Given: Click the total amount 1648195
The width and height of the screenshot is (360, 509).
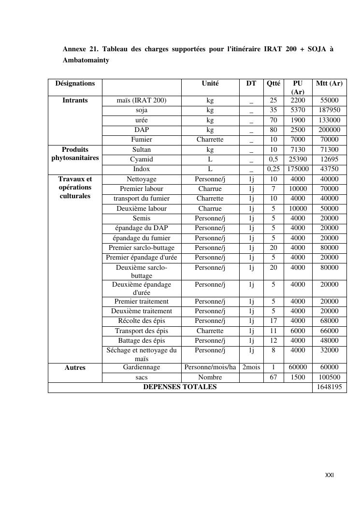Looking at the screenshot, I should click(x=329, y=387).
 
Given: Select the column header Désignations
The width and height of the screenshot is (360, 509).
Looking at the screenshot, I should click(x=75, y=83).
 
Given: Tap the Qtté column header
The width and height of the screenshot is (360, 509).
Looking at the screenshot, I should click(x=274, y=83).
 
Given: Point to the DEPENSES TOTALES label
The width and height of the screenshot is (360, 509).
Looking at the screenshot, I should click(x=180, y=387).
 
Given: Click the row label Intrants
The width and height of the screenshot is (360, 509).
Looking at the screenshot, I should click(x=75, y=101).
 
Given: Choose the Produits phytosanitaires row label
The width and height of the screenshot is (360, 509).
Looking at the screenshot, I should click(x=75, y=154).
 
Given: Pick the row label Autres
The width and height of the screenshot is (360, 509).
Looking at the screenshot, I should click(x=75, y=368).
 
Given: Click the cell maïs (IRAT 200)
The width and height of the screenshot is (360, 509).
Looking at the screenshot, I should click(x=142, y=101).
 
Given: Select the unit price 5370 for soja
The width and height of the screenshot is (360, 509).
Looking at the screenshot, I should click(x=298, y=110).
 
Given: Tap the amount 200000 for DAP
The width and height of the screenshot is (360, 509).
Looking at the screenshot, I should click(x=329, y=130).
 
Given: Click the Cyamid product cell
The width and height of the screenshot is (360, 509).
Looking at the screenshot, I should click(x=142, y=159).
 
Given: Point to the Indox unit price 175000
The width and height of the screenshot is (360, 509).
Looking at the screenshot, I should click(x=298, y=169).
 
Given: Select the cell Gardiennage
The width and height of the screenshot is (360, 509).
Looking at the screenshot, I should click(x=142, y=367).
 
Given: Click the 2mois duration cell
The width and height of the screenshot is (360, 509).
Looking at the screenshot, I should click(x=251, y=367).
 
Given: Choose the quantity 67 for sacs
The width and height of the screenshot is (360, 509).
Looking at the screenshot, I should click(x=274, y=377).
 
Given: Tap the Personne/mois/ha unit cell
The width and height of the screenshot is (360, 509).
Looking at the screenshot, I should click(x=210, y=367).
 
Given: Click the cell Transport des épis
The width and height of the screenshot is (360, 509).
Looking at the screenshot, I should click(x=142, y=331).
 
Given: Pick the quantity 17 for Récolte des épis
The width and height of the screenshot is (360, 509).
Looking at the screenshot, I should click(x=274, y=321).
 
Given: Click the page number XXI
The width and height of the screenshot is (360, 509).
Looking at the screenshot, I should click(x=329, y=475).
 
